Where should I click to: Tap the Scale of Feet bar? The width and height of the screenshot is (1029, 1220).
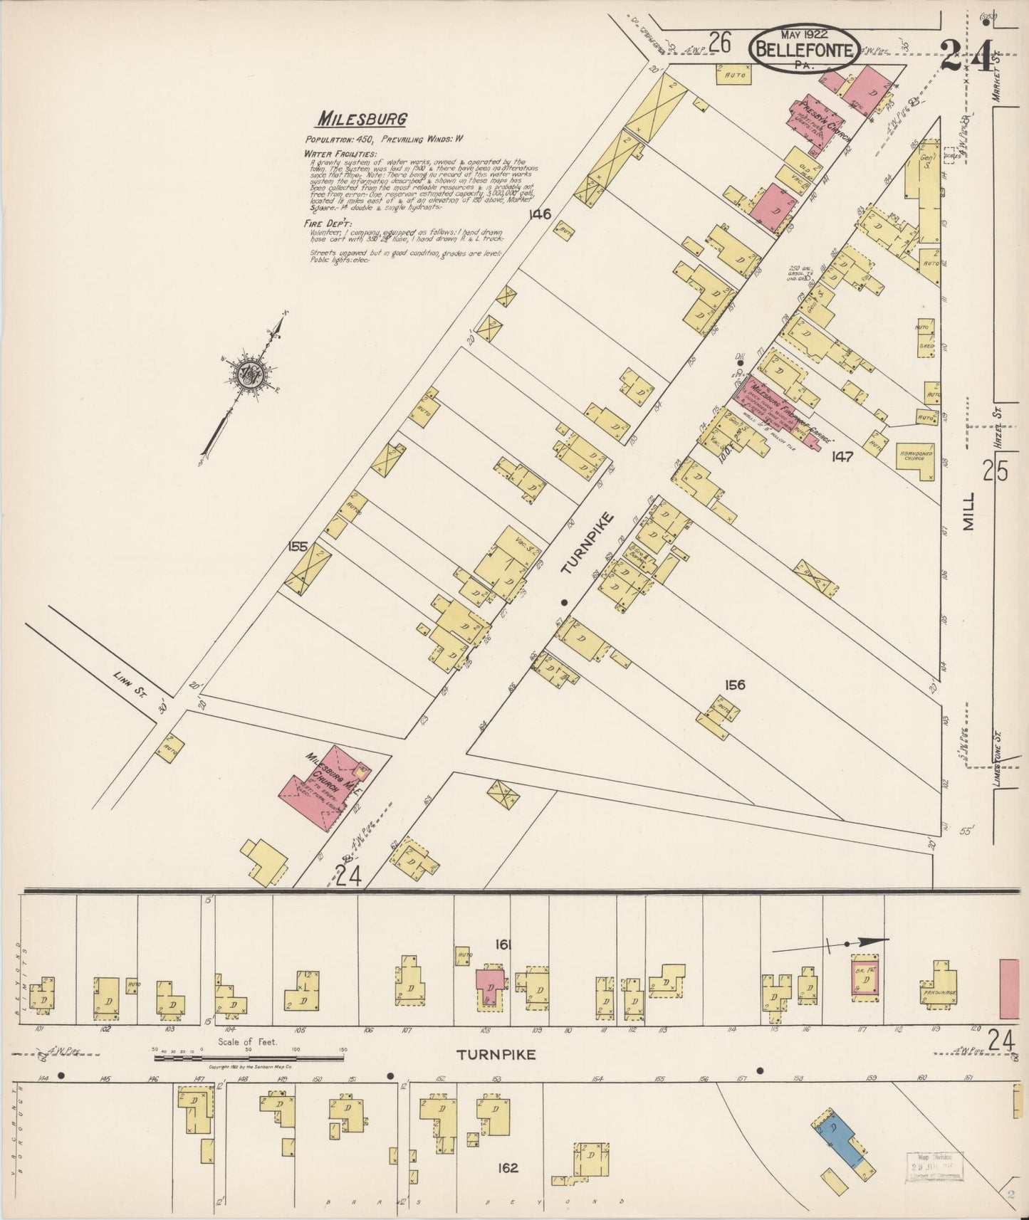tap(249, 1058)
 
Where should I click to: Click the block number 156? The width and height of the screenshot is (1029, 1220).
tap(734, 685)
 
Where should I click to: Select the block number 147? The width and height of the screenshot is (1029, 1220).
tap(842, 456)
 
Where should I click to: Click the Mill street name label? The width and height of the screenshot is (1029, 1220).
tap(969, 512)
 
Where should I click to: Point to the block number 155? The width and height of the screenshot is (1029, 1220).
tap(298, 547)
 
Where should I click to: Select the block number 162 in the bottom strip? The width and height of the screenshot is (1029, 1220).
tap(508, 1167)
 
